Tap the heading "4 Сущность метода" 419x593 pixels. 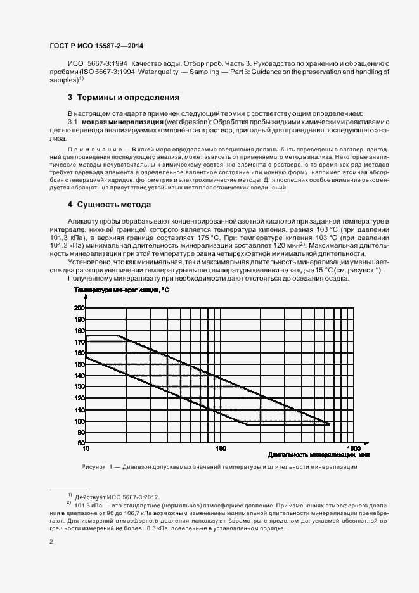pos(108,205)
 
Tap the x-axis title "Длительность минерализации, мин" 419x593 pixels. pos(318,454)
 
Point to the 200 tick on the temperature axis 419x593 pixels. pos(79,308)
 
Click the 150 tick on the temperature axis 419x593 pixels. pos(79,364)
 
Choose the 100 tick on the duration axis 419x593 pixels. pos(221,448)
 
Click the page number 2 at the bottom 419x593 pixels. pos(51,542)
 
